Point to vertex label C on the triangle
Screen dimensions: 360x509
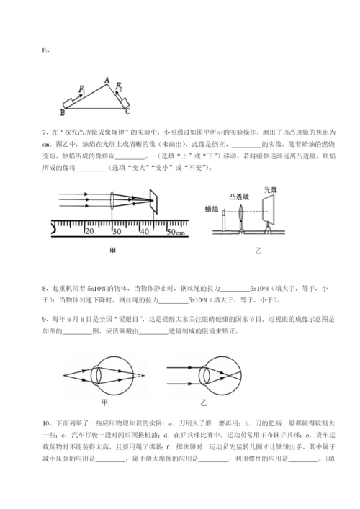tap(128, 113)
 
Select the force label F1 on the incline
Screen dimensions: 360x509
tap(83, 89)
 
